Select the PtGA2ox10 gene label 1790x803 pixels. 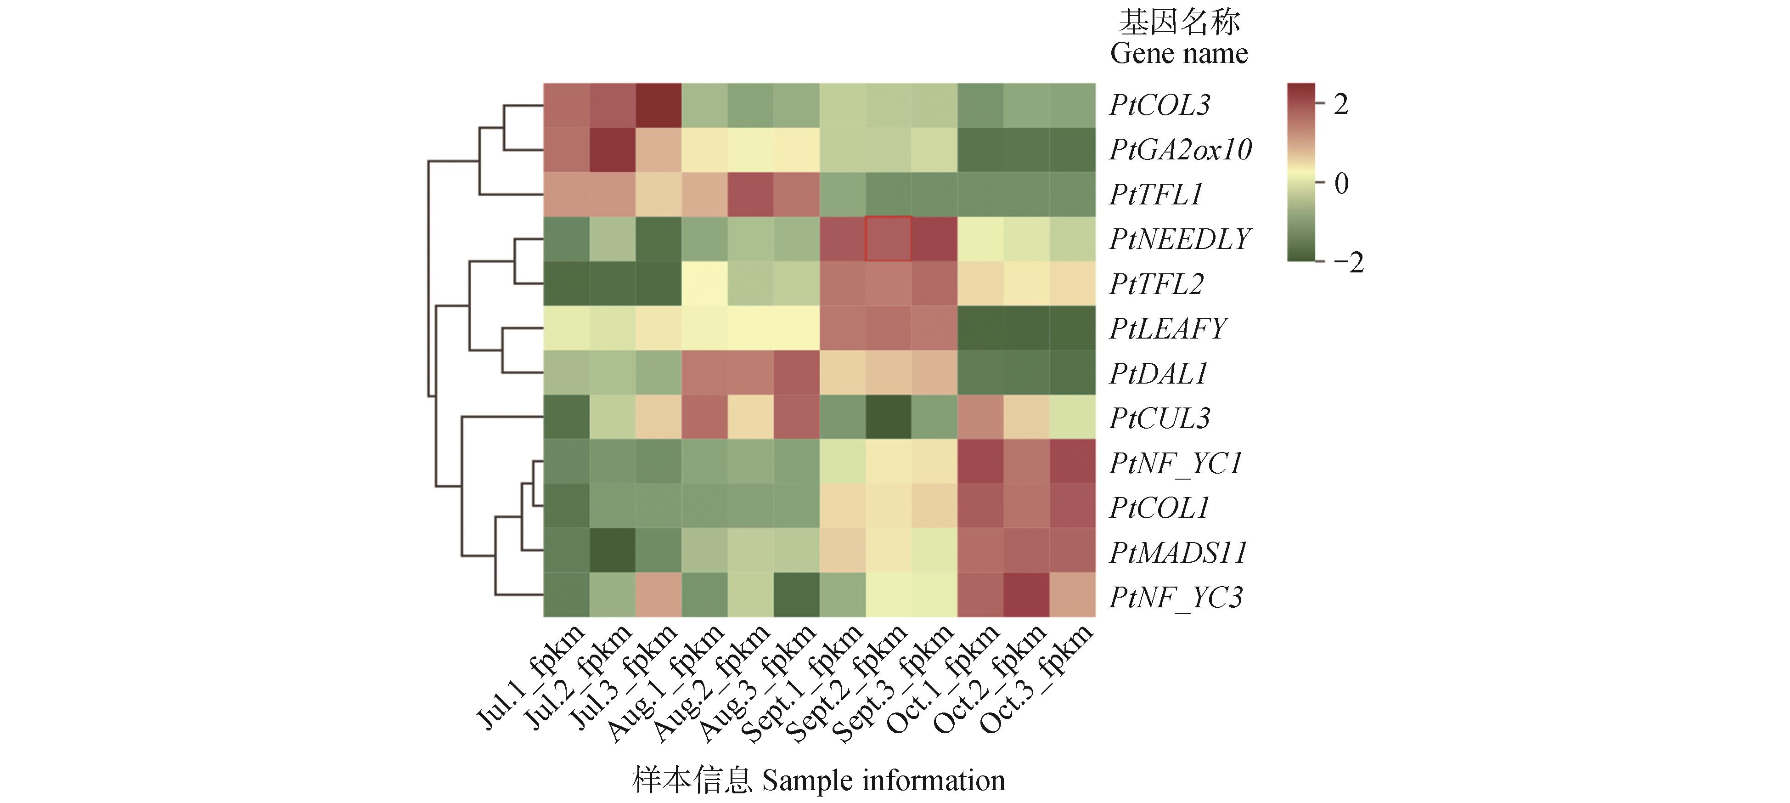tap(1180, 149)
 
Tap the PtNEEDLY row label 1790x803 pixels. tap(1180, 239)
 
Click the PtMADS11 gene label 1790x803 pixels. tap(1178, 553)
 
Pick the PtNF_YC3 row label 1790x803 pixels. tap(1176, 597)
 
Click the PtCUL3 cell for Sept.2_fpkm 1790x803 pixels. tap(888, 418)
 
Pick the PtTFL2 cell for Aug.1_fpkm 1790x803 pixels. tap(704, 283)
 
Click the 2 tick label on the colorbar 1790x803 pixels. tap(1341, 105)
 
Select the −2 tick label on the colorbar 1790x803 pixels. tap(1348, 263)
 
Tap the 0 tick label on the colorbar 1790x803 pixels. tap(1341, 184)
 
